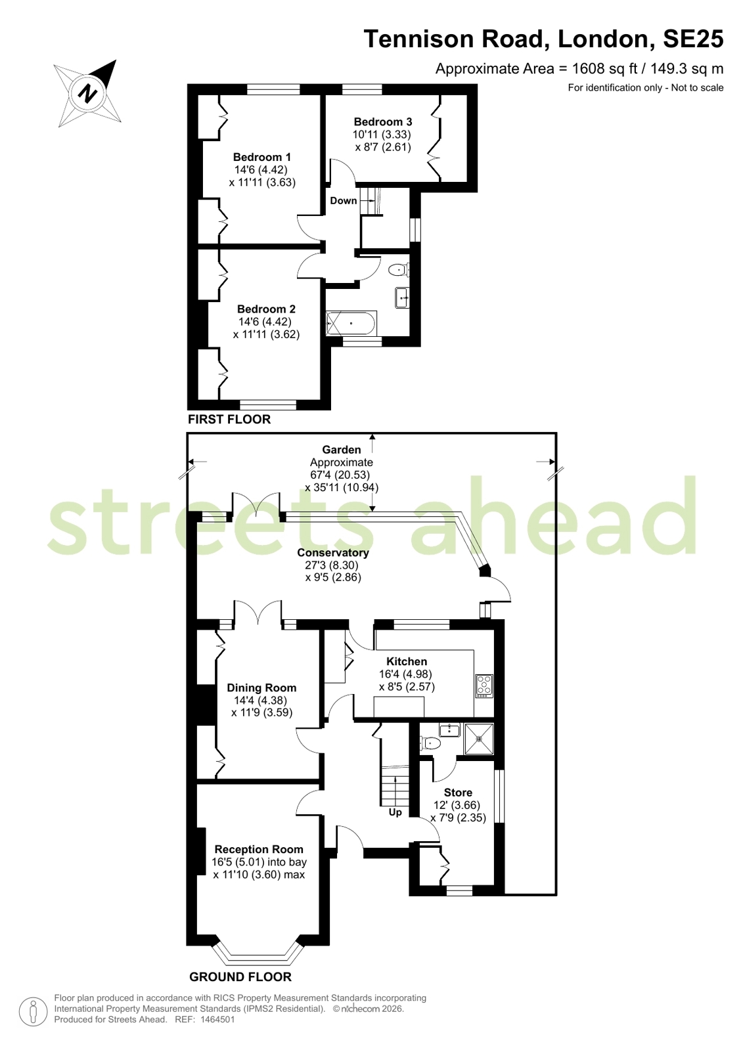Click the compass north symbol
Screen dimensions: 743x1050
(87, 94)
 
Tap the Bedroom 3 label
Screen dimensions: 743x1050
(383, 122)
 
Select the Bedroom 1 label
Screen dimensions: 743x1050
(262, 157)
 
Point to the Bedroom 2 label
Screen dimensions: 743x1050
(266, 309)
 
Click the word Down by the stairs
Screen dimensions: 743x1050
(344, 201)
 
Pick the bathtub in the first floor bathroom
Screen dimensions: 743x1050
(351, 323)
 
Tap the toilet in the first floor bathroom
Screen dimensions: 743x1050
(399, 270)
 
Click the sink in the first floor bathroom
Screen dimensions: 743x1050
(402, 297)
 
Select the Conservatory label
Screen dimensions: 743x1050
(333, 553)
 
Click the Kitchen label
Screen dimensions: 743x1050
(407, 661)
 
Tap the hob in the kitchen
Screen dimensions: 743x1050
(485, 685)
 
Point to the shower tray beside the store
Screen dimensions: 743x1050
(480, 739)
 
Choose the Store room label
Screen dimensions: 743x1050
(458, 793)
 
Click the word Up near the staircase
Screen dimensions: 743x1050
(395, 812)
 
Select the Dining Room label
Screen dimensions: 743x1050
(261, 688)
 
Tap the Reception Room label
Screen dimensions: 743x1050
(259, 849)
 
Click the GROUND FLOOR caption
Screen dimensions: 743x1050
(240, 977)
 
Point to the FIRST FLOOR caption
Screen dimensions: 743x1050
(229, 419)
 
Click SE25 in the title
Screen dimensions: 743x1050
(693, 39)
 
